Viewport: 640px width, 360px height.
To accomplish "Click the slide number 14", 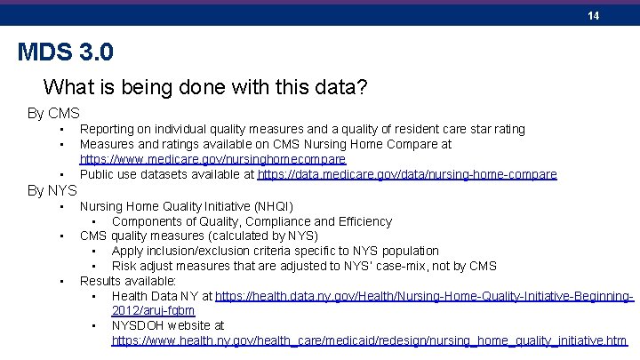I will tap(593, 16).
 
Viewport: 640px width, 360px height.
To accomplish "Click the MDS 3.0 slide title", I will tap(66, 52).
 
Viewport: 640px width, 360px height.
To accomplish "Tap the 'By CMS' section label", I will tap(53, 114).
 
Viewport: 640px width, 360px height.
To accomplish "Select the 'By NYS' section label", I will tap(52, 189).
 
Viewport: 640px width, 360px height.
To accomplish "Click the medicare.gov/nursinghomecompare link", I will tap(212, 159).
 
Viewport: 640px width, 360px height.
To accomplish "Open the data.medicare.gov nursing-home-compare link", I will tap(407, 174).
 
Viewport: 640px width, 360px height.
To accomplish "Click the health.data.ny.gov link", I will tap(424, 296).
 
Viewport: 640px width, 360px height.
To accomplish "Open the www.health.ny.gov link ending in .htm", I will tap(369, 340).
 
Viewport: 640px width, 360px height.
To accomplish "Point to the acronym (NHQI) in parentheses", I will tap(273, 206).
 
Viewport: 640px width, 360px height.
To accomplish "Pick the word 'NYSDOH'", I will tap(137, 325).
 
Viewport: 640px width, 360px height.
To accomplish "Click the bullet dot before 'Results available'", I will tap(62, 281).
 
